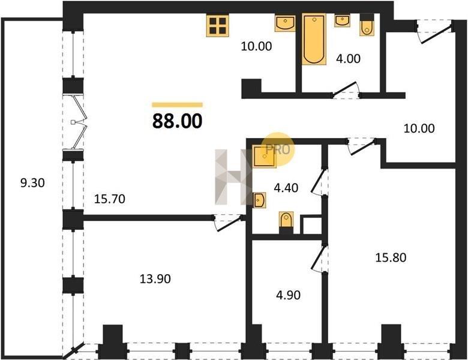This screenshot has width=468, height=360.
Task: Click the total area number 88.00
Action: [177, 121]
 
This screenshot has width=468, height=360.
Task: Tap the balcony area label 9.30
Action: [32, 182]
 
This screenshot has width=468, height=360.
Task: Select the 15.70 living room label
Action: [110, 199]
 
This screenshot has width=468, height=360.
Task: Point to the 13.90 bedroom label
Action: [155, 279]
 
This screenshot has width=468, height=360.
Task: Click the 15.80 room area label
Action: [391, 257]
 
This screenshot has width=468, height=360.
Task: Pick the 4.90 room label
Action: [288, 295]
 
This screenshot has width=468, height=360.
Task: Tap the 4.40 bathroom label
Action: [286, 188]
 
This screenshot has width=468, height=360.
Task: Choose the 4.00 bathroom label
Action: [348, 59]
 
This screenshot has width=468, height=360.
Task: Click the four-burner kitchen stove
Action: [218, 26]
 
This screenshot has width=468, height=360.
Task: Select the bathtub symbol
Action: [314, 39]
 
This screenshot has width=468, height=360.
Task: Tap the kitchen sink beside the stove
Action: [286, 23]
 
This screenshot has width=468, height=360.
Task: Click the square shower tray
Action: [264, 157]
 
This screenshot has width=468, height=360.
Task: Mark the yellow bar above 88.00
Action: [177, 104]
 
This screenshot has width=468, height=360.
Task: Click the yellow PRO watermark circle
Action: [278, 149]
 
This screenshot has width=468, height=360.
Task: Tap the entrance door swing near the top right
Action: [435, 31]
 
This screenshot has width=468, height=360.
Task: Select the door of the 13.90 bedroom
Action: [228, 223]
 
